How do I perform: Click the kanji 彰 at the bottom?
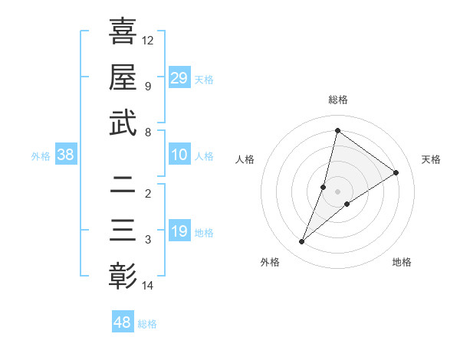123,276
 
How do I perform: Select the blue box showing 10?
179,155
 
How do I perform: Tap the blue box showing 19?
179,231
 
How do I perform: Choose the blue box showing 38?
66,155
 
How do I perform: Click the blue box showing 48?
123,322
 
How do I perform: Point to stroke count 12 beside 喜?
148,40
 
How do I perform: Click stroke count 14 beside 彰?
148,286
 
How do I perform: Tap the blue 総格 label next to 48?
147,324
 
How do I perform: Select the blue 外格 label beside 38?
41,156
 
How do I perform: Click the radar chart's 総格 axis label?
338,100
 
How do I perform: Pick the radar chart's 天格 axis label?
431,159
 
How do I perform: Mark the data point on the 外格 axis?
302,242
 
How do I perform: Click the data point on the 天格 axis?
396,172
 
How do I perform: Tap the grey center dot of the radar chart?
338,191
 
